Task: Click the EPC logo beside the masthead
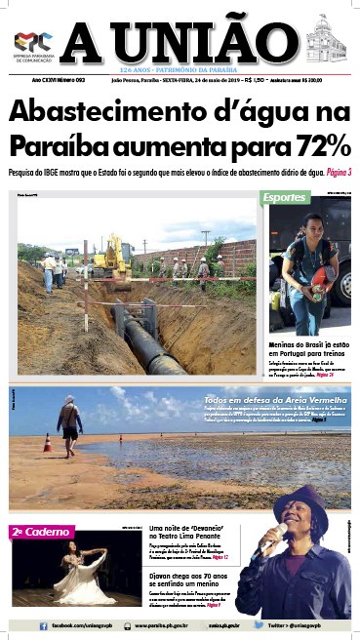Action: [x=32, y=41]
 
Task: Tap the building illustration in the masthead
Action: [x=325, y=40]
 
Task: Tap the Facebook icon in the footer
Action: [x=44, y=624]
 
